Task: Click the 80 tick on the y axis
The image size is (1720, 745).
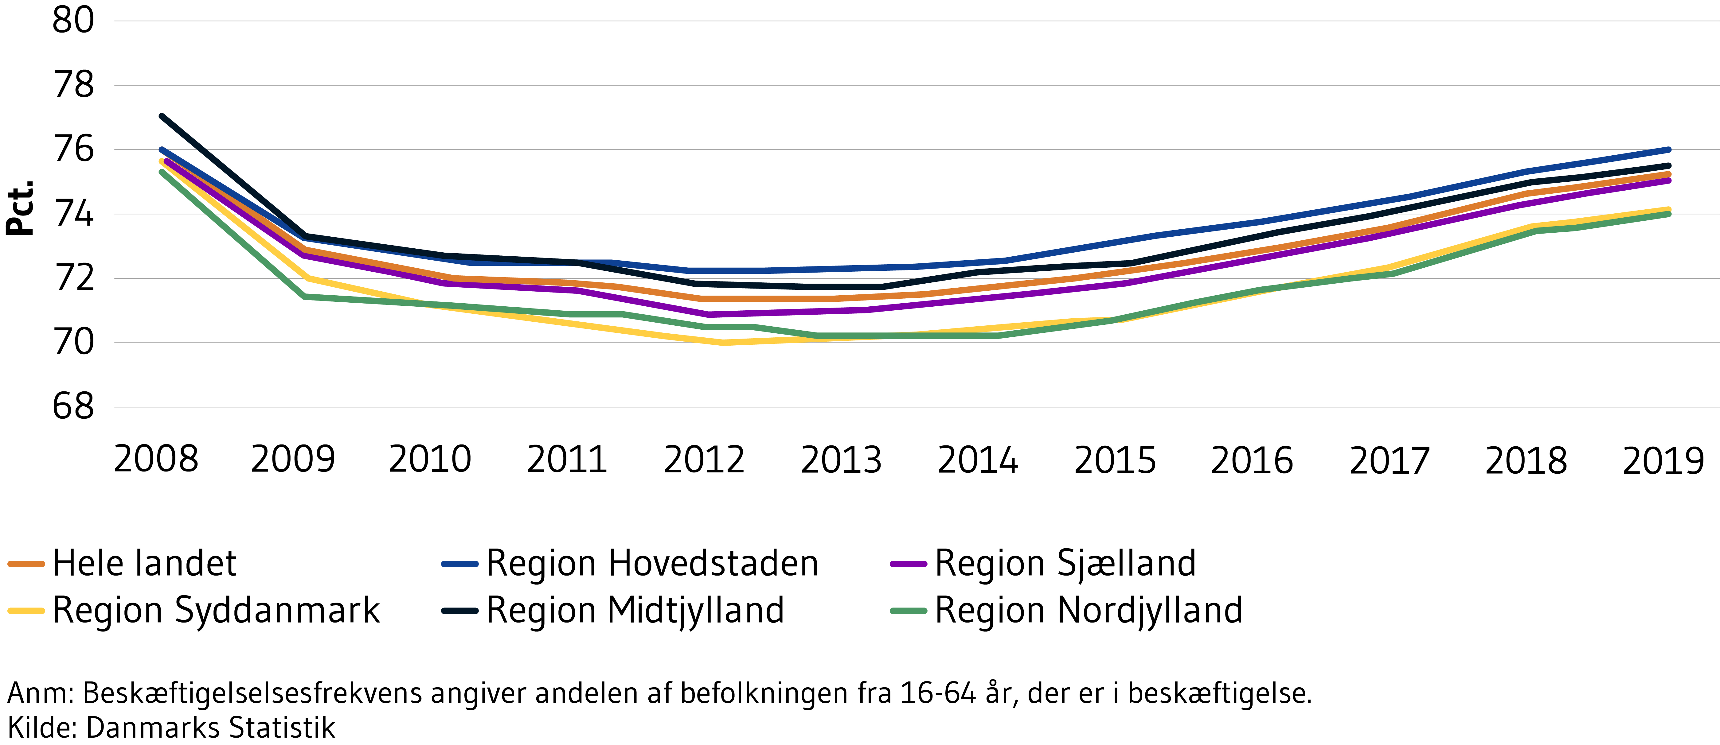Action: pos(73,21)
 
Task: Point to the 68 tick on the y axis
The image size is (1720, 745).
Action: pos(73,406)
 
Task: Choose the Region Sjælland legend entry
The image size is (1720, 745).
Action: pos(1065,563)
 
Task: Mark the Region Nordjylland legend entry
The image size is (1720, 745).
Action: pos(1088,610)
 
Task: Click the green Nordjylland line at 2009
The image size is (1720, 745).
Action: pos(304,297)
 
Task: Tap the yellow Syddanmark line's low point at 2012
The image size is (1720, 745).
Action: pos(722,343)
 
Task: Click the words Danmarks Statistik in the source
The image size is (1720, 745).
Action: pos(210,728)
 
